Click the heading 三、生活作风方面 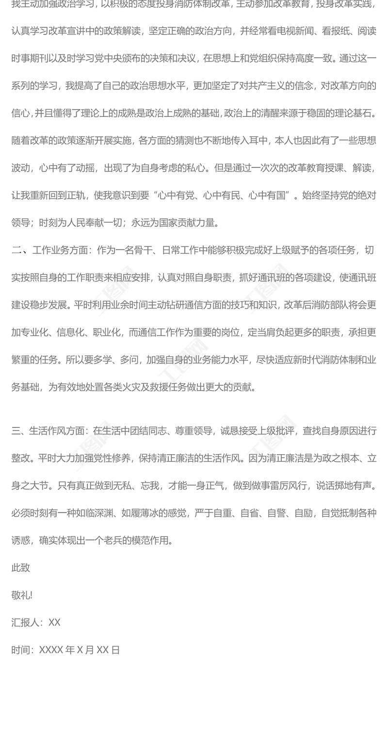tap(49, 431)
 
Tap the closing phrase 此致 tap(21, 568)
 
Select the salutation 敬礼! tap(22, 595)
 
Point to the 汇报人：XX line tap(36, 622)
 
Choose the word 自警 tap(277, 513)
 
